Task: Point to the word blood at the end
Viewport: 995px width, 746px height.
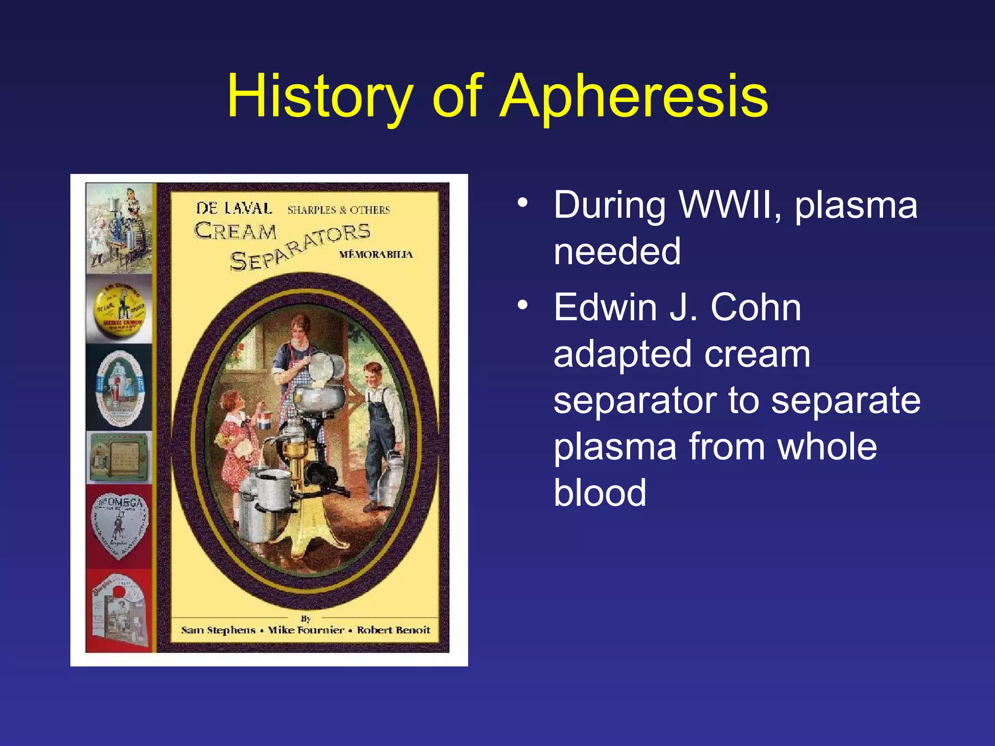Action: click(600, 492)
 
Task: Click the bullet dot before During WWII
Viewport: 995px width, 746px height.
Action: click(522, 202)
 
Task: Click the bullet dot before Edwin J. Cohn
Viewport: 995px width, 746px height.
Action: click(522, 305)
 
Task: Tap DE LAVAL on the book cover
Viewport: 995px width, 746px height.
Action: click(234, 208)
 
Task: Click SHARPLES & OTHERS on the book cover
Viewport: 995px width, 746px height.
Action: click(339, 210)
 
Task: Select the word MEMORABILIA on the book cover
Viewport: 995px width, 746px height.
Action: click(376, 254)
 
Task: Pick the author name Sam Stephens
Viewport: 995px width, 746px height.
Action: click(218, 630)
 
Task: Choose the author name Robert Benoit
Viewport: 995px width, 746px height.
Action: click(394, 630)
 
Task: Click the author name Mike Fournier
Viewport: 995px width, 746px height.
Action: click(306, 630)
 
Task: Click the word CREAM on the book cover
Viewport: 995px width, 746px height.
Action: click(236, 232)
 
